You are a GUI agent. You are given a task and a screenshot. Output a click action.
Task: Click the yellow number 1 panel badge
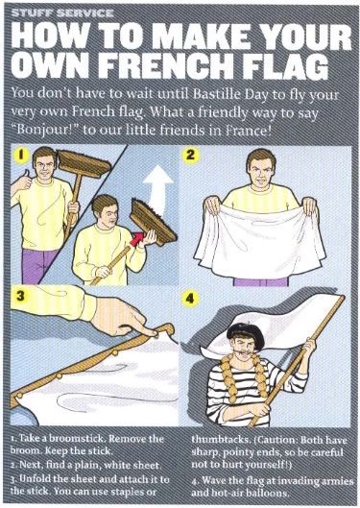click(20, 155)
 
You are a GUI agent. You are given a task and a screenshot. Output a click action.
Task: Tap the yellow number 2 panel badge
click(190, 155)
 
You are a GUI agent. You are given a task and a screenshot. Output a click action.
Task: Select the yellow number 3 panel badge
click(20, 296)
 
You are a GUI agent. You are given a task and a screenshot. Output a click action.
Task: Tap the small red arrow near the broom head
click(137, 240)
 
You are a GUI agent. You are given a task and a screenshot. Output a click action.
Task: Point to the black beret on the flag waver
click(245, 332)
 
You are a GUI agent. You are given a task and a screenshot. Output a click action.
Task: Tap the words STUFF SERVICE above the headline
click(62, 13)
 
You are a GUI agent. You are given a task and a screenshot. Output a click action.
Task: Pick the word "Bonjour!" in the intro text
click(46, 132)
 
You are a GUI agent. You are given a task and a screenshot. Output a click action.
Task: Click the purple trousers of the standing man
click(37, 266)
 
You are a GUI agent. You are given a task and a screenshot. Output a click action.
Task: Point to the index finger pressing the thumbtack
click(142, 328)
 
